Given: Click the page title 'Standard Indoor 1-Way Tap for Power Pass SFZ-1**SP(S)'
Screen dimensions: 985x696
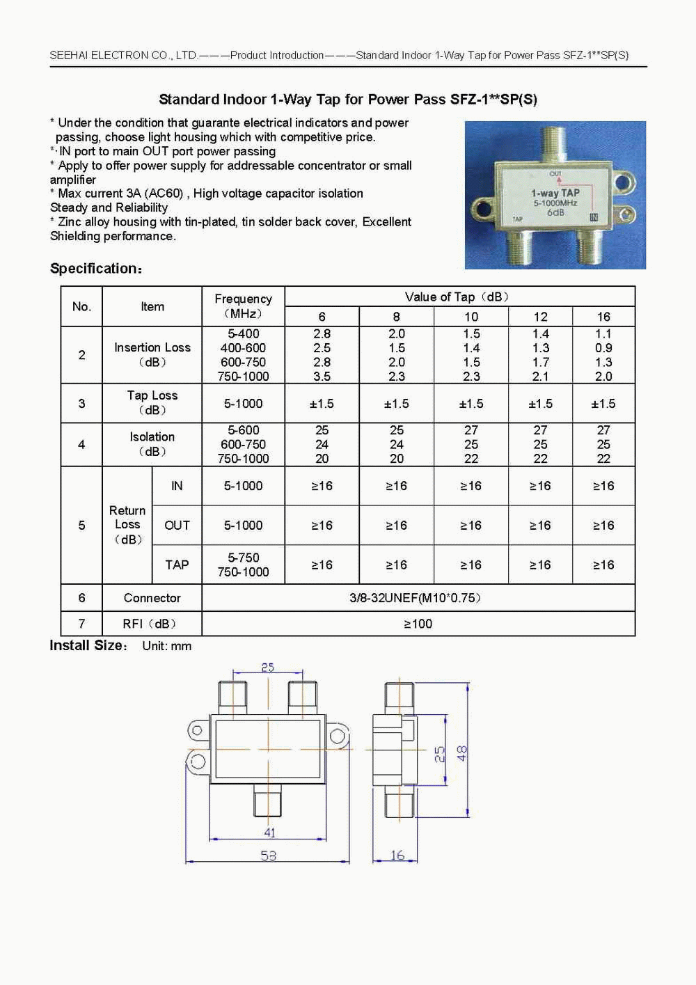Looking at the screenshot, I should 348,100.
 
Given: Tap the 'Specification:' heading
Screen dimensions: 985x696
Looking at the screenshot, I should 96,269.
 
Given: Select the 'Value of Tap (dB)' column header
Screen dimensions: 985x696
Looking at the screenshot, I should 459,297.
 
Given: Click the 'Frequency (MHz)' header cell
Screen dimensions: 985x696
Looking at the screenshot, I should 243,306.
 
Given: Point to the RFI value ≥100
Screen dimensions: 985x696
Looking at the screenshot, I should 418,624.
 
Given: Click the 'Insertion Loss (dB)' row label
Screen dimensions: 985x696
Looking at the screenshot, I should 152,354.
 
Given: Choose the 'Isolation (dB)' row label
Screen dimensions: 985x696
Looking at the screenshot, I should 152,444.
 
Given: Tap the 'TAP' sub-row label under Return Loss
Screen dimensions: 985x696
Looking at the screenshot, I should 177,565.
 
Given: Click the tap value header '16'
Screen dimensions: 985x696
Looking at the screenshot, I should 603,317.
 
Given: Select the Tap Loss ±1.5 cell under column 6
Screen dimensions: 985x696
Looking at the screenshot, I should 322,404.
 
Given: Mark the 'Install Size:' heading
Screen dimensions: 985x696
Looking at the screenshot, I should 88,646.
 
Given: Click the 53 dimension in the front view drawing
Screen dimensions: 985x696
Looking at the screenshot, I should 269,856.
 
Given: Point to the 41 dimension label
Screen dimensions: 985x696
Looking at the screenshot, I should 270,833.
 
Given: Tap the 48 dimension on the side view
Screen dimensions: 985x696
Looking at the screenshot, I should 461,753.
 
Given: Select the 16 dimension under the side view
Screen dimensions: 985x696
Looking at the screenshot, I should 397,855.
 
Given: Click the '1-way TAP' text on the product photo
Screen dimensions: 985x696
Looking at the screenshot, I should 555,193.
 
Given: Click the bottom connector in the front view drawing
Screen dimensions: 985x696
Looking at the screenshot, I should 268,801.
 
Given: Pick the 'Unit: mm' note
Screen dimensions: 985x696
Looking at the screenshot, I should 166,646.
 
